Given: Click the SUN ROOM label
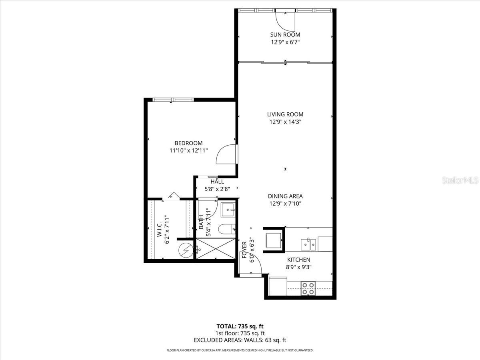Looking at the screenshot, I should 285,35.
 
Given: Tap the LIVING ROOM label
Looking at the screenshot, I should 285,114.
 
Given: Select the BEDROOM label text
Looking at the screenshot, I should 188,143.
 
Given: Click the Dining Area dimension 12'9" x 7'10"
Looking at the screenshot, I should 285,204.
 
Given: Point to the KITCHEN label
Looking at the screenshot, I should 298,260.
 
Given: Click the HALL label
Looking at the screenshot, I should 217,182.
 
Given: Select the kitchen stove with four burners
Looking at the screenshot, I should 308,288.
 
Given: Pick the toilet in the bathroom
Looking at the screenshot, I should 226,229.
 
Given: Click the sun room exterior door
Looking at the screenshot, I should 285,18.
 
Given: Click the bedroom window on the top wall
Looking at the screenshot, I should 174,100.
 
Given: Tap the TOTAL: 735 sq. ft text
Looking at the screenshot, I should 240,326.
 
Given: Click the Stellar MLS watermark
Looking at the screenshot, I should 460,180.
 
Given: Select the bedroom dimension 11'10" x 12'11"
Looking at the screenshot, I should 188,151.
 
